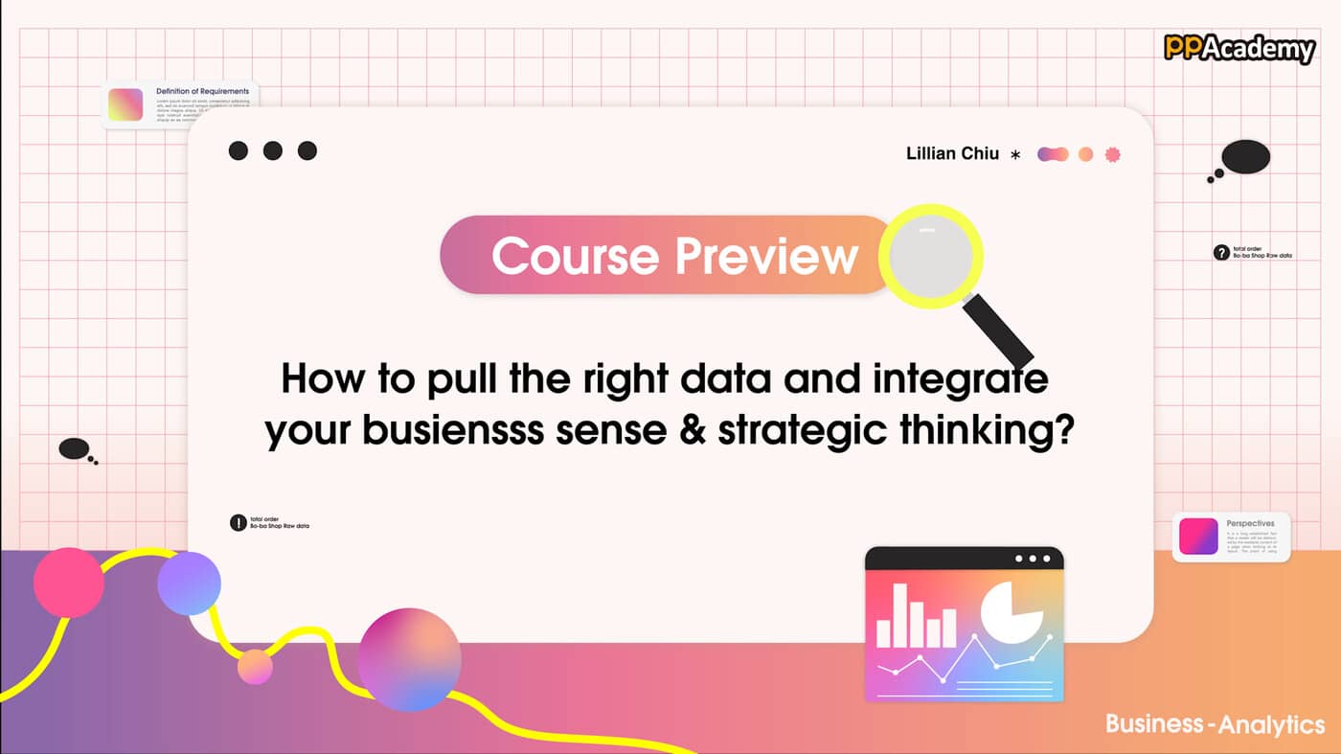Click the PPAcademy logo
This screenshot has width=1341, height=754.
[x=1239, y=48]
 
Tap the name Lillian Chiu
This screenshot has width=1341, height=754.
[x=952, y=153]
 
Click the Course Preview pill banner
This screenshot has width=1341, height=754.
[x=670, y=255]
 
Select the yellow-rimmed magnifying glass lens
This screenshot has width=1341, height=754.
[x=931, y=254]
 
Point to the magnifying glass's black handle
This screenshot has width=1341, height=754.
[x=997, y=330]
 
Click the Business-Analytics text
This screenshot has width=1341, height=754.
[x=1215, y=723]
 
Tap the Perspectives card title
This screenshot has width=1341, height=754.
[x=1250, y=524]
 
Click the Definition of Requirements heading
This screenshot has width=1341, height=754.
[x=202, y=92]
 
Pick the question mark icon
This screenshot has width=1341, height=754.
[x=1221, y=253]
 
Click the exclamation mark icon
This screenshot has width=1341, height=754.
[x=239, y=523]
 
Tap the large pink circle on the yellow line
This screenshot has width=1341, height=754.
[x=69, y=583]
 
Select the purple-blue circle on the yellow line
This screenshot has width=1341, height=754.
[x=189, y=583]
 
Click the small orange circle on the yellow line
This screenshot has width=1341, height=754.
[x=255, y=667]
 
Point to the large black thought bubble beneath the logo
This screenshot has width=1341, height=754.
[x=1245, y=157]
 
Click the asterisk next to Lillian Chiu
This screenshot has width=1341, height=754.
[x=1015, y=154]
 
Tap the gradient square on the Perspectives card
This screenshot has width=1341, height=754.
[x=1198, y=537]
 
